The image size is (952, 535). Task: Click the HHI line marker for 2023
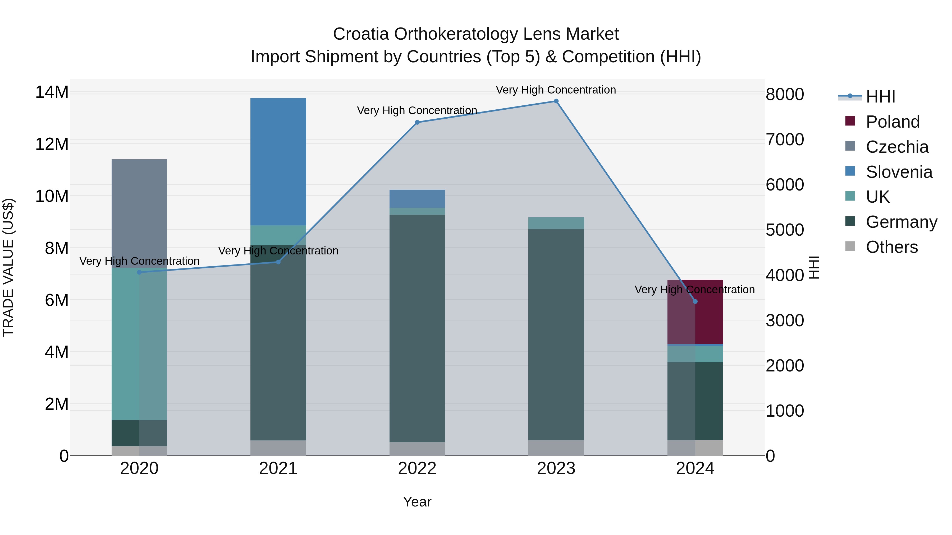point(556,101)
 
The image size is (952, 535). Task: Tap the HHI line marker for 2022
point(417,122)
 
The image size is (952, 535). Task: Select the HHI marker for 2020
point(139,272)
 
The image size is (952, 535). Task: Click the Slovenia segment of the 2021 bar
point(278,161)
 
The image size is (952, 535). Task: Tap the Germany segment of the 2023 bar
point(556,334)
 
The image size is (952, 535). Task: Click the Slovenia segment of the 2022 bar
point(417,199)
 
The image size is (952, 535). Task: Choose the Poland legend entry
point(892,122)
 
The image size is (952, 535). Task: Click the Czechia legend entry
point(897,147)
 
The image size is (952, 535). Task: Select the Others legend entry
point(892,247)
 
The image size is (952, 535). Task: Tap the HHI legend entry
point(880,97)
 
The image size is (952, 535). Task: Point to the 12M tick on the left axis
point(52,144)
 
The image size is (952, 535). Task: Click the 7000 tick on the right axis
point(785,139)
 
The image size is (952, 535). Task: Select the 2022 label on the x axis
point(417,468)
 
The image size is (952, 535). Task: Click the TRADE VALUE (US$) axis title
point(8,267)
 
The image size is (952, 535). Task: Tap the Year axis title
point(417,502)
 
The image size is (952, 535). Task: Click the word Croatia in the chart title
point(361,34)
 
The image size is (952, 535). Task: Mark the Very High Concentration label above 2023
point(556,90)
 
